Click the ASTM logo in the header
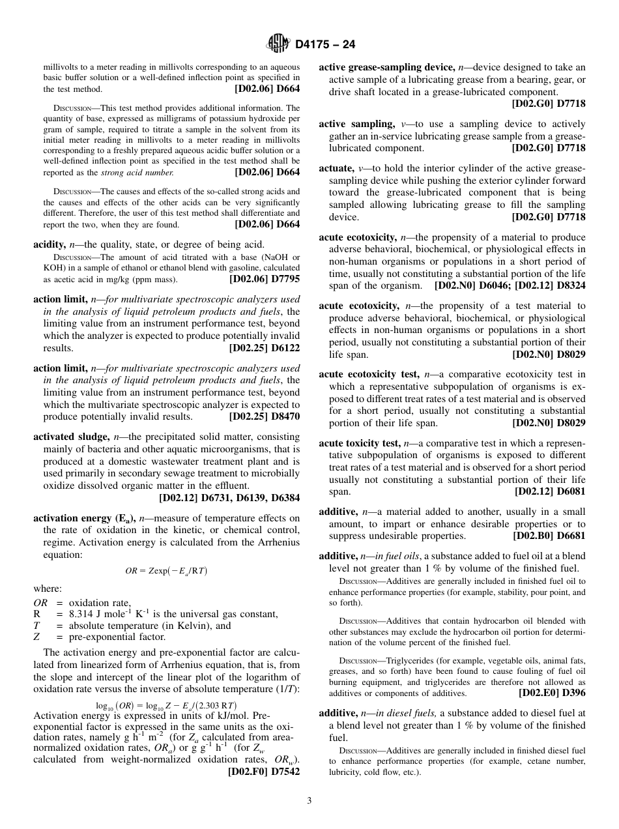[x=278, y=44]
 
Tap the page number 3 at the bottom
[x=309, y=800]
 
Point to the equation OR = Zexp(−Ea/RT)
[x=166, y=571]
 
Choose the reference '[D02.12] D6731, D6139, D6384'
[x=229, y=498]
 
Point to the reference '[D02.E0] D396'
[x=552, y=693]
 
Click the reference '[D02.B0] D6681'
[x=549, y=536]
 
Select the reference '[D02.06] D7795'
[x=265, y=279]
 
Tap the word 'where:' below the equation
[x=48, y=589]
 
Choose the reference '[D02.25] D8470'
[x=265, y=416]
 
